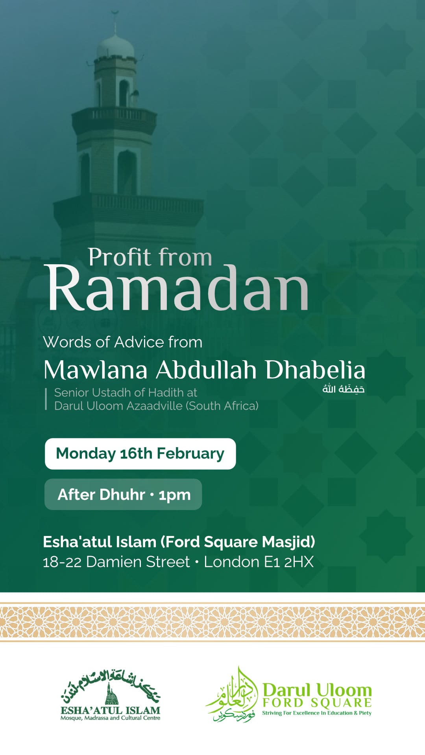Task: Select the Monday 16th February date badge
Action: tap(140, 453)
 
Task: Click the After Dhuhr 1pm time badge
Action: tap(123, 494)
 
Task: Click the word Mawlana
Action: tap(96, 370)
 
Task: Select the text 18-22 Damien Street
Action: tap(116, 562)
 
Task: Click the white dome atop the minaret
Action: tap(115, 46)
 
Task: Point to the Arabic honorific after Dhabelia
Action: tap(344, 389)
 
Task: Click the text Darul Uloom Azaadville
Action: tap(118, 406)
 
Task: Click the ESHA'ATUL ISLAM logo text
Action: tap(111, 710)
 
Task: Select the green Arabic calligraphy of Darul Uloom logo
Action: tap(232, 695)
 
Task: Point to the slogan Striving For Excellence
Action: tap(317, 713)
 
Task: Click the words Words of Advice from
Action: tap(123, 342)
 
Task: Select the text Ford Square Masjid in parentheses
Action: tap(238, 542)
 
